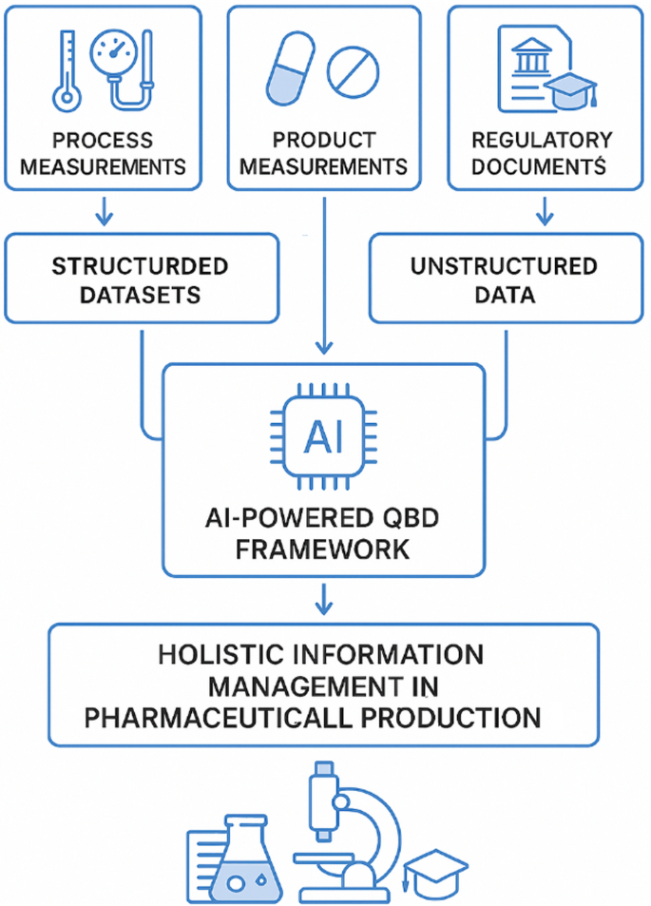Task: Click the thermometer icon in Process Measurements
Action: coord(66,68)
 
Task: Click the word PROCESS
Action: coord(103,141)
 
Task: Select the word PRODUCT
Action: coord(324,141)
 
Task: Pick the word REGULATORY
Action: coord(542,141)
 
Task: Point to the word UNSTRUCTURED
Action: coord(504,265)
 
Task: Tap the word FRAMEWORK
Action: coord(324,549)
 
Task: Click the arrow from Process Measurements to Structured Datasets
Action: coord(105,211)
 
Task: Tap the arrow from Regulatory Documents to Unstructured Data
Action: coord(544,211)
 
